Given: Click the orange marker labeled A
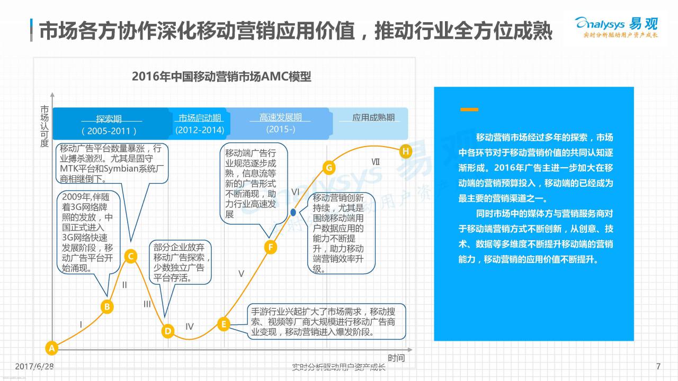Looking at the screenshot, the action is pyautogui.click(x=52, y=348).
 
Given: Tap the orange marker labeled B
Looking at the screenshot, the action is pyautogui.click(x=107, y=307).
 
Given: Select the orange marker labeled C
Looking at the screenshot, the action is pyautogui.click(x=131, y=257).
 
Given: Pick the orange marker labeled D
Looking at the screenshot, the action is pyautogui.click(x=168, y=331).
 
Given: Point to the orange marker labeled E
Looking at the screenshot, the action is pyautogui.click(x=224, y=324).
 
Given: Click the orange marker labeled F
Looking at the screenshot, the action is pyautogui.click(x=270, y=247).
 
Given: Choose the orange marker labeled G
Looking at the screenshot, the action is pyautogui.click(x=329, y=168).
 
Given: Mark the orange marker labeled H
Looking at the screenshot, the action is pyautogui.click(x=406, y=151).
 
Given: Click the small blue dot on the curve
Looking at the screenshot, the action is pyautogui.click(x=293, y=212).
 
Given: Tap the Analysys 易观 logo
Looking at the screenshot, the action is pyautogui.click(x=616, y=27).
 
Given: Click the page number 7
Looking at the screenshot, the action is pyautogui.click(x=658, y=367).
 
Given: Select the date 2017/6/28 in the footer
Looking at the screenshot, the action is pyautogui.click(x=34, y=367).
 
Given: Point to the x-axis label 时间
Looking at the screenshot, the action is pyautogui.click(x=396, y=358).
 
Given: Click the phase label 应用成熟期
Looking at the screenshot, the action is pyautogui.click(x=373, y=117).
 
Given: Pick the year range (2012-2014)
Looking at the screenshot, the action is pyautogui.click(x=200, y=130).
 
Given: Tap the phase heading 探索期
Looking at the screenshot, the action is pyautogui.click(x=109, y=119).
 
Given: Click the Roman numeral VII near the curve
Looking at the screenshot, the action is pyautogui.click(x=376, y=162).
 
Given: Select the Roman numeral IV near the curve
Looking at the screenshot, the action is pyautogui.click(x=190, y=326).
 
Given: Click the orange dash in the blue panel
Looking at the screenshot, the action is pyautogui.click(x=469, y=110).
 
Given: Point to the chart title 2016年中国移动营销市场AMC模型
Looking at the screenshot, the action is pyautogui.click(x=221, y=77).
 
